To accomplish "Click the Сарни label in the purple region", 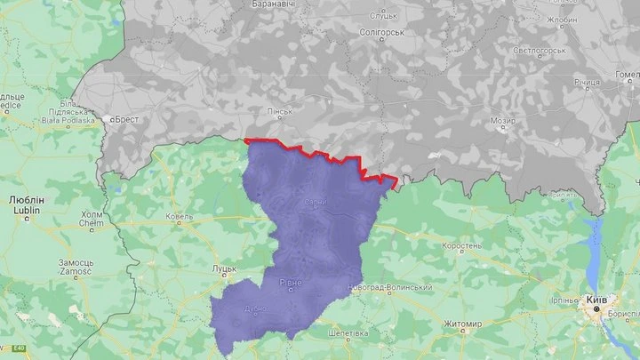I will click(315, 203).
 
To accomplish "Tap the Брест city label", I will click(122, 118).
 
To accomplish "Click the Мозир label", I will click(503, 120).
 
